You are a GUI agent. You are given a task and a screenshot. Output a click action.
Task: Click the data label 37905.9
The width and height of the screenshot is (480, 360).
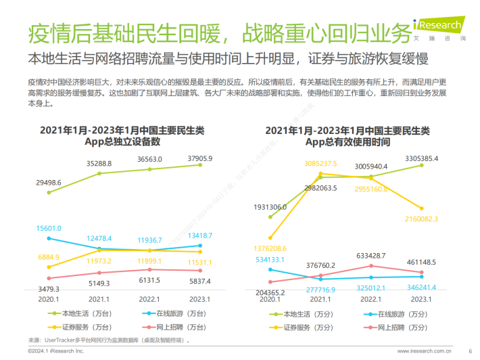point(199,159)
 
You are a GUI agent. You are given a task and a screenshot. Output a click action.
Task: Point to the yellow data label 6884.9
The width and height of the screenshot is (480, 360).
point(48,257)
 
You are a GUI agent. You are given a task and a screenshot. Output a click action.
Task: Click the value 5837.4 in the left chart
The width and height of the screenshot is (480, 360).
point(199,282)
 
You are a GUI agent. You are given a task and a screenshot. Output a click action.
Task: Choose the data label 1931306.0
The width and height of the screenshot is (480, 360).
point(270,206)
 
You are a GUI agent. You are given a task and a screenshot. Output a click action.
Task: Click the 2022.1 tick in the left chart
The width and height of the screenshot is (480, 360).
point(149,298)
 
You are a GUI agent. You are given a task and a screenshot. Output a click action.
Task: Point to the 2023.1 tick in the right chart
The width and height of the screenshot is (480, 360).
point(420,298)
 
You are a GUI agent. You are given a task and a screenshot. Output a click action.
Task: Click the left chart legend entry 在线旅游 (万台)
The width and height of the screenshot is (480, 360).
point(166,313)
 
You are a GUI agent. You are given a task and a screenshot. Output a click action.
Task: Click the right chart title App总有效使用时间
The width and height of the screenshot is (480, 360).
point(347,142)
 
